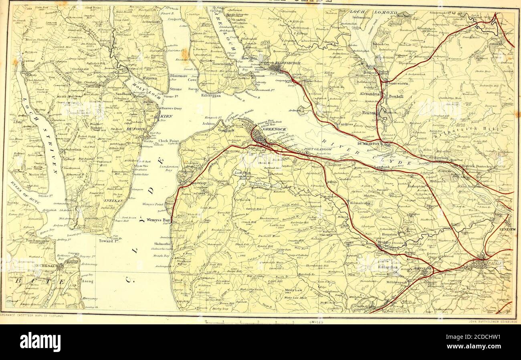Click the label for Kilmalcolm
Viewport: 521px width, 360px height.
pos(361,203)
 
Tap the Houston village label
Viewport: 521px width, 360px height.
pos(389,234)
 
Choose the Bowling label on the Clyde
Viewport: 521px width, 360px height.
pos(441,158)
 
